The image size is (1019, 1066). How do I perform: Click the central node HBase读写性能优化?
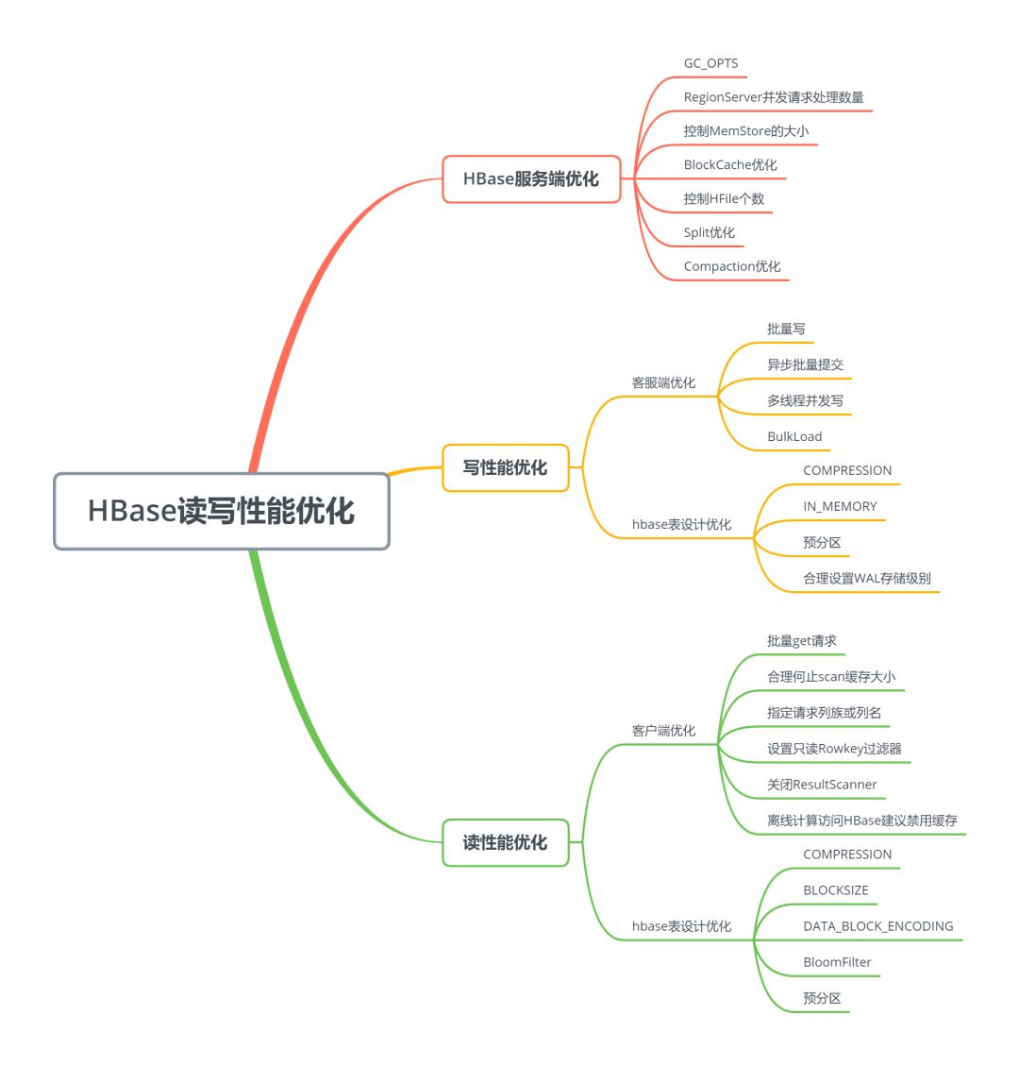[x=221, y=511]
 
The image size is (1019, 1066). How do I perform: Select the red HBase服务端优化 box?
[x=531, y=178]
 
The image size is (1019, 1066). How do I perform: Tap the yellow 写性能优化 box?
[x=505, y=467]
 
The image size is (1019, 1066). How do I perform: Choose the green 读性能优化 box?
[x=505, y=842]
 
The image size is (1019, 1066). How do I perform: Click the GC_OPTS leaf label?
[x=710, y=63]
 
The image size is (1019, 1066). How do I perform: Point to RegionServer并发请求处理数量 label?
[x=773, y=97]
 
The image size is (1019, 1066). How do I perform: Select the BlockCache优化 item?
[x=730, y=165]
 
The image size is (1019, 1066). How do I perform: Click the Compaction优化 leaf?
[x=732, y=266]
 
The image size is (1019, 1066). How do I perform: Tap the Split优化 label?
[x=709, y=232]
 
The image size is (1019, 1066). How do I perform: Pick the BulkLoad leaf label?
[x=794, y=436]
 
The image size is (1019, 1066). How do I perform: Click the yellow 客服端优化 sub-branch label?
[x=663, y=382]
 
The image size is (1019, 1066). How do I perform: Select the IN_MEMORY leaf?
[x=840, y=506]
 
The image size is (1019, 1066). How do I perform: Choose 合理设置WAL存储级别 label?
[x=866, y=578]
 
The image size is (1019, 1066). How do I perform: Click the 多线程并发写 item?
[x=805, y=400]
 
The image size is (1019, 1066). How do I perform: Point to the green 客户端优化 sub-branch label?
[x=663, y=731]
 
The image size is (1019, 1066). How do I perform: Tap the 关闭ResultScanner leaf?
[x=822, y=785]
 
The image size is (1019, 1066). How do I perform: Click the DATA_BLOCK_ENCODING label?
[x=877, y=926]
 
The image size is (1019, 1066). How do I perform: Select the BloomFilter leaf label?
[x=837, y=962]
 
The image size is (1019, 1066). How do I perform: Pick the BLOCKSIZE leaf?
[x=835, y=890]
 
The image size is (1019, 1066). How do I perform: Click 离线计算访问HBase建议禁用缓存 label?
[x=861, y=821]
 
